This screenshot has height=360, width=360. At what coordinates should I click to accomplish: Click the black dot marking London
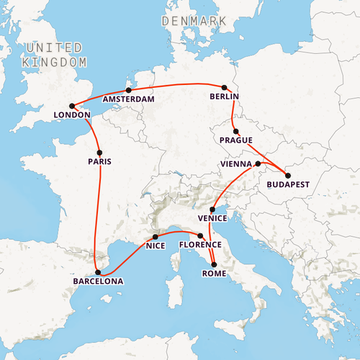[x=72, y=107]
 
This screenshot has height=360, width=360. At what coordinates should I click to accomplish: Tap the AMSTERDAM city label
[x=129, y=99]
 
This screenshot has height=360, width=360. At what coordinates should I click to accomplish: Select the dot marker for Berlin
[x=225, y=87]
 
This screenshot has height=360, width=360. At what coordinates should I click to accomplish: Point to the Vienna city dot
[x=258, y=164]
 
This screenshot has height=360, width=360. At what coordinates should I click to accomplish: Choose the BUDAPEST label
[x=287, y=185]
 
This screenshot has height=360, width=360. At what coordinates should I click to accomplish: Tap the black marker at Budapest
[x=287, y=176]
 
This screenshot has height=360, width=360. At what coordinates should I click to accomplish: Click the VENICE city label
[x=212, y=218]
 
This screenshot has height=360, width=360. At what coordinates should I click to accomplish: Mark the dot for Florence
[x=200, y=236]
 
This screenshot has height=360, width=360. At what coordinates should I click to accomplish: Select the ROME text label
[x=214, y=274]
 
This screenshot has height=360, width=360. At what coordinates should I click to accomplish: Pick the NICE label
[x=156, y=246]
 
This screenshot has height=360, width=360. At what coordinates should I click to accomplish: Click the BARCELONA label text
[x=97, y=282]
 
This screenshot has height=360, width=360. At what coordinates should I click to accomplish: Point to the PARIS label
[x=100, y=162]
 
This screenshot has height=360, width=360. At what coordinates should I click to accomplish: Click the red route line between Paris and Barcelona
[x=96, y=216]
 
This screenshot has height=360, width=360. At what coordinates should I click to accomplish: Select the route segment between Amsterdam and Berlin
[x=176, y=85]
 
